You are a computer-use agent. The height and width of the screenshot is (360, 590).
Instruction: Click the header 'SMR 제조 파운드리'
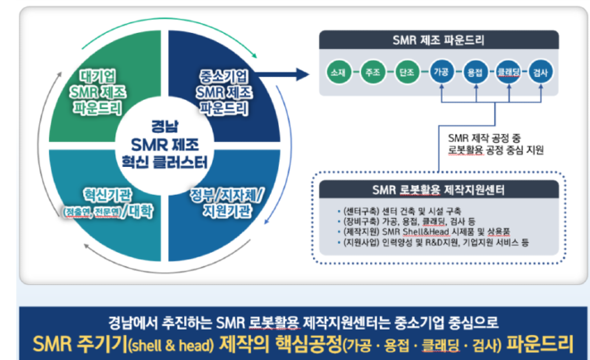(439, 38)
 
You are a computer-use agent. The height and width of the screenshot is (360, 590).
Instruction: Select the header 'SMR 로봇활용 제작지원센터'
(439, 189)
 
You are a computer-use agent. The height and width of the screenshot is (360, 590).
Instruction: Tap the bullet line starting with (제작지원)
(420, 232)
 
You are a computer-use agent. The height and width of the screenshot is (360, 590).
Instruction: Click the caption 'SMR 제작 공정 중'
(489, 138)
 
